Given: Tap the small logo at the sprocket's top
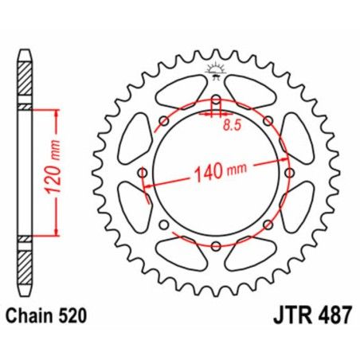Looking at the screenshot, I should coord(214,69).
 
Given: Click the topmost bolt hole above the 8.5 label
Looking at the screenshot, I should coord(214,101).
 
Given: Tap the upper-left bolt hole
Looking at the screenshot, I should coord(163,121).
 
